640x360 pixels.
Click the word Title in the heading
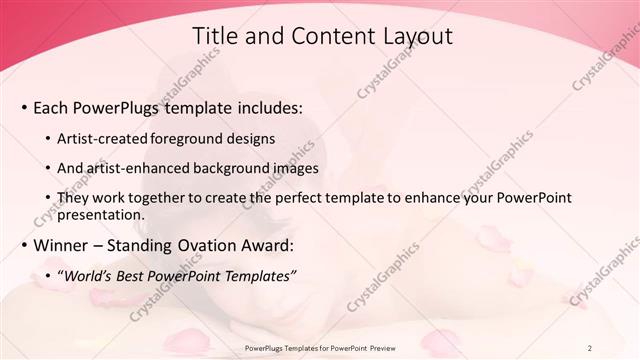coord(213,36)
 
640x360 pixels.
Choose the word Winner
coord(66,245)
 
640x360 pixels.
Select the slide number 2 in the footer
coord(590,348)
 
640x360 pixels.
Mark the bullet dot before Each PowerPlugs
coord(23,107)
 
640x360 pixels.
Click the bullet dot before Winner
coord(23,246)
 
